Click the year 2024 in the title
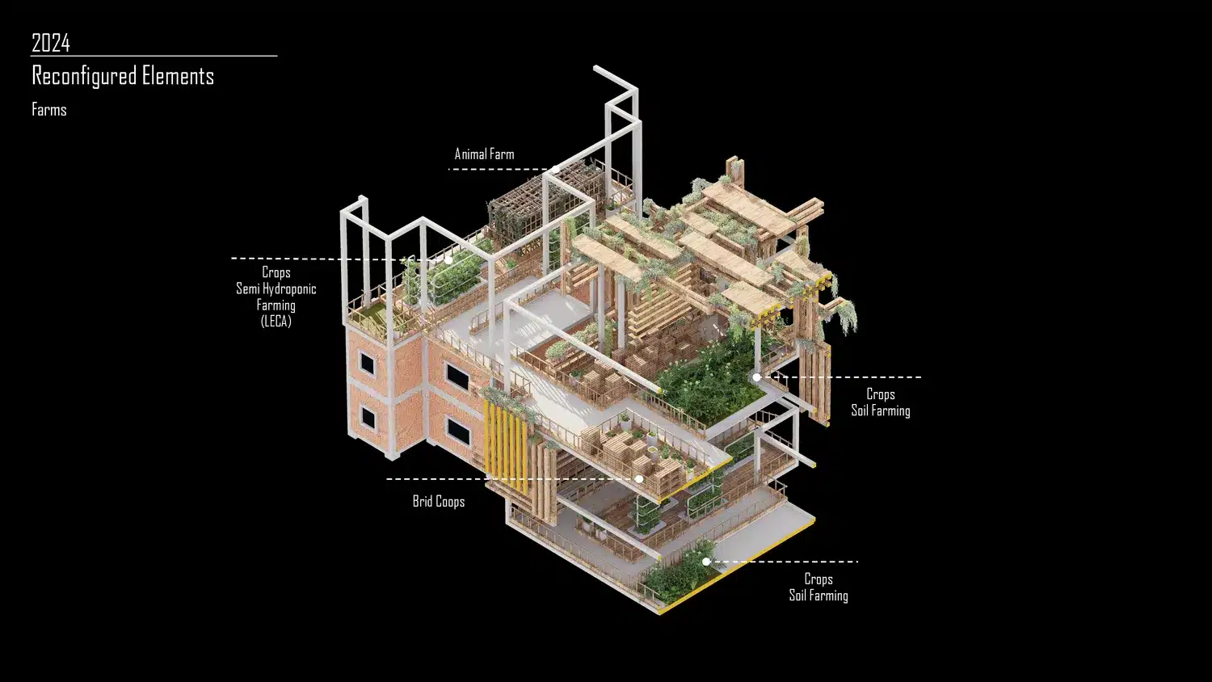51,43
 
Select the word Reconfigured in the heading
84,76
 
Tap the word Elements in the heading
178,75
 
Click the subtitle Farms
49,109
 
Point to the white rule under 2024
154,55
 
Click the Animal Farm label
484,154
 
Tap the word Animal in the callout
470,154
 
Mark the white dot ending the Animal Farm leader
556,170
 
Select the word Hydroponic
289,289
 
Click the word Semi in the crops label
248,288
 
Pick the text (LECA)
276,321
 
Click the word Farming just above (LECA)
276,305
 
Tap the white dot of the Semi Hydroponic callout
448,260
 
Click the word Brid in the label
423,502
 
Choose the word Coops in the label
451,502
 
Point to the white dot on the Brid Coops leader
639,479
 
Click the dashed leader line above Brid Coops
511,479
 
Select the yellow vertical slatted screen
505,447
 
